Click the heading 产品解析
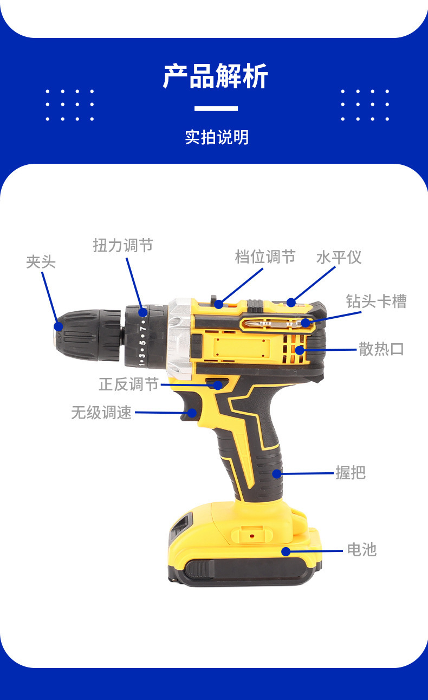216,76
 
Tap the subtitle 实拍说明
217,137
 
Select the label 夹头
41,262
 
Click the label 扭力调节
123,246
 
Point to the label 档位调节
265,256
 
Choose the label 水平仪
339,257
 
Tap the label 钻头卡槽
376,301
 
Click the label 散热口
381,349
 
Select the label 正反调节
128,384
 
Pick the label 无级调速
101,413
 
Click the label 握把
351,473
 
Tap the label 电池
361,550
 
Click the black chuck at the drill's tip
87,335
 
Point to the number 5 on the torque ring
143,342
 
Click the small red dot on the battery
252,536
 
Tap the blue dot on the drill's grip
277,473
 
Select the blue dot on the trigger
192,413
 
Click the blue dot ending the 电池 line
286,551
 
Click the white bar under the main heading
216,108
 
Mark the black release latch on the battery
199,569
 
